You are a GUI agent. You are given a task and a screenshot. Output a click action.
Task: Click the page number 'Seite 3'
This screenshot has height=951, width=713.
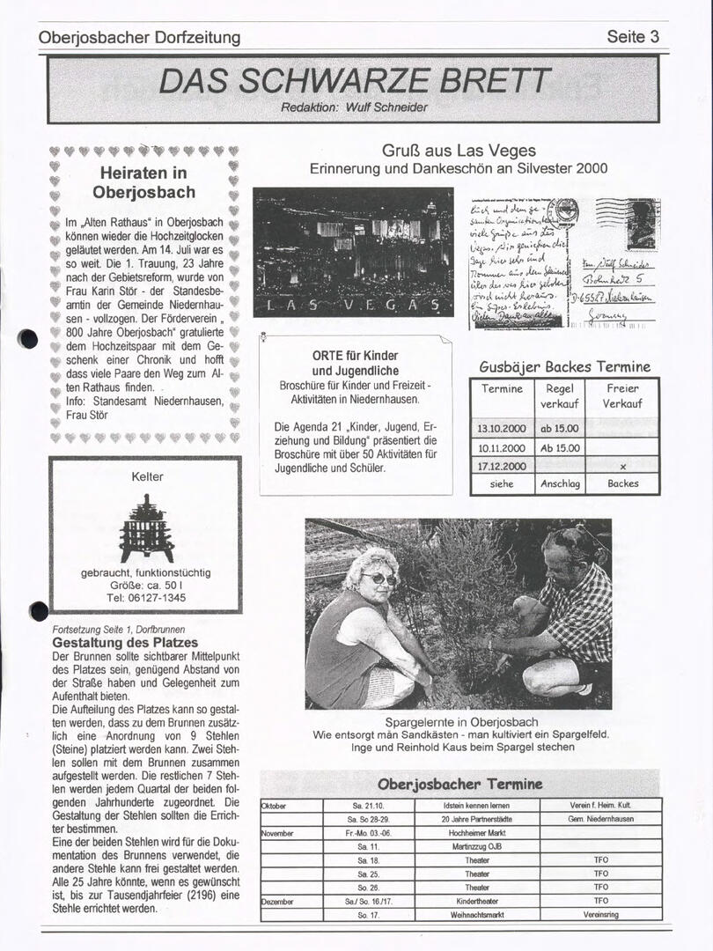pyautogui.click(x=632, y=37)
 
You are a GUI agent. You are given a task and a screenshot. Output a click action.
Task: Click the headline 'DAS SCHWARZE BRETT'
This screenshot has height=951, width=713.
pyautogui.click(x=355, y=82)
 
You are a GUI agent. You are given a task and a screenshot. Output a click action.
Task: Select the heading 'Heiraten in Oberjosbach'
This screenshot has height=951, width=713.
pyautogui.click(x=143, y=182)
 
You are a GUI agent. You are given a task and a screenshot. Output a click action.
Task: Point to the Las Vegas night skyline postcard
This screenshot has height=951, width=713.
pyautogui.click(x=353, y=251)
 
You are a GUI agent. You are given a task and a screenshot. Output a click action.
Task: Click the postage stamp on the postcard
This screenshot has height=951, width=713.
pyautogui.click(x=641, y=223)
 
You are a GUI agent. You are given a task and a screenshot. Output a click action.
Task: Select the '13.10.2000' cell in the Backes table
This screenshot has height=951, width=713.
pyautogui.click(x=502, y=429)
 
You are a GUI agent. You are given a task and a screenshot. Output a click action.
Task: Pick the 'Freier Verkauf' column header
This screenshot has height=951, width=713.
pyautogui.click(x=622, y=396)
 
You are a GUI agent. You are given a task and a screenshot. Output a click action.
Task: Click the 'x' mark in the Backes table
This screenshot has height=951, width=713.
pyautogui.click(x=622, y=466)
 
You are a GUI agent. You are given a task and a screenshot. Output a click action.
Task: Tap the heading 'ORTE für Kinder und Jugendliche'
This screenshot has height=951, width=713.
pyautogui.click(x=356, y=364)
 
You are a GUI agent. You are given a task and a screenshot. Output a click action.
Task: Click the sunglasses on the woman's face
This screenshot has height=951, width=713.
pyautogui.click(x=379, y=579)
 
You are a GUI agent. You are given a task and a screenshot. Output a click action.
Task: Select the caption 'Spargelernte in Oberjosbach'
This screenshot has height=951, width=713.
pyautogui.click(x=461, y=722)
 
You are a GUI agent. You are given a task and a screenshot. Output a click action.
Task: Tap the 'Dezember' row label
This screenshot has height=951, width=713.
pyautogui.click(x=279, y=901)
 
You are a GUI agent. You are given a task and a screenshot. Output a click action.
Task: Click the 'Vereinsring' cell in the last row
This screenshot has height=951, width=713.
pyautogui.click(x=600, y=915)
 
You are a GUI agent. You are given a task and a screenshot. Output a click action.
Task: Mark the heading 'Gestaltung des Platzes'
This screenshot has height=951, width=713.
pyautogui.click(x=125, y=643)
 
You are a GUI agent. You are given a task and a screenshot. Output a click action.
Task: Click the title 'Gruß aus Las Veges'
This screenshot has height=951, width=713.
pyautogui.click(x=458, y=151)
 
